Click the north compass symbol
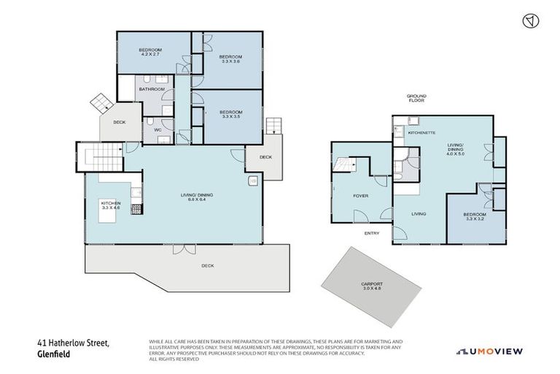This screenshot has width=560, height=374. click(531, 21)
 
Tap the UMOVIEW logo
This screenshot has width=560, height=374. click(489, 351)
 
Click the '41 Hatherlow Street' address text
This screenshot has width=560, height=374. click(73, 343)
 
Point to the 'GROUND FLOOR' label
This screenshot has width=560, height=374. click(416, 98)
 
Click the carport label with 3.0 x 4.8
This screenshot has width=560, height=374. click(371, 286)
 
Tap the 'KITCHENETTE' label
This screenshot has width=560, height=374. click(421, 133)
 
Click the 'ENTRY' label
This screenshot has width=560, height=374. click(372, 234)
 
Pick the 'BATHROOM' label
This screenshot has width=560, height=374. click(152, 89)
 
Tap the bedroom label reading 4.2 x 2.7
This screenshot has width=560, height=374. click(150, 51)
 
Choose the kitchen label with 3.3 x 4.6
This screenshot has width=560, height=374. click(110, 205)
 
